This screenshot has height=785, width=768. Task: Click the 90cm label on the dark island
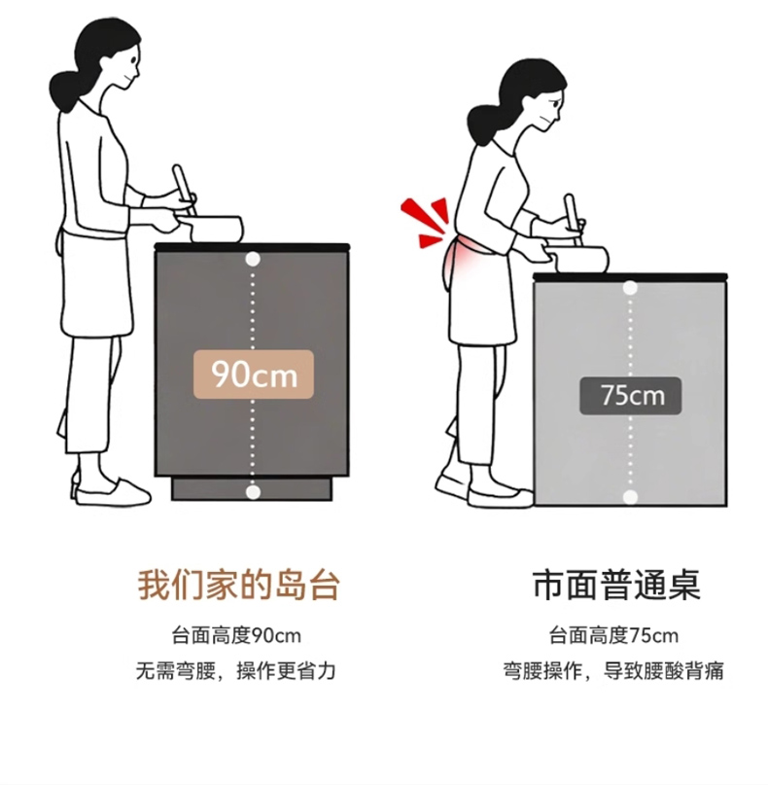coord(254,375)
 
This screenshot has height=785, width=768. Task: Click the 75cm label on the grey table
coord(630,396)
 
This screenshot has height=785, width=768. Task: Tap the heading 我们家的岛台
coord(239,585)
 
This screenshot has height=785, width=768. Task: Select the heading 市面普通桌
coord(616,585)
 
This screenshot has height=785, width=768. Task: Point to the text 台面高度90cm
coord(236,636)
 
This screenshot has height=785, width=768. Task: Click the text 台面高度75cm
coord(613,636)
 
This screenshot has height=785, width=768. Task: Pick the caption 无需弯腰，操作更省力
coord(235,671)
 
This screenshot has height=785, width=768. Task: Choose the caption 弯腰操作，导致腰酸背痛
coord(613,671)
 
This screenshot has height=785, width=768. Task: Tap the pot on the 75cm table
coord(577,259)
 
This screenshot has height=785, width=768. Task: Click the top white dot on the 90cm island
coord(253,259)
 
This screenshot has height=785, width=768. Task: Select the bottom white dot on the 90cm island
coord(253,492)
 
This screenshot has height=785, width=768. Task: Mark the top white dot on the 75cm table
coord(630,288)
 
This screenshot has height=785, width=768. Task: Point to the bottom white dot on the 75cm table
coord(630,497)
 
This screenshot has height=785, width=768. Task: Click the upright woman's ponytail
coord(65,91)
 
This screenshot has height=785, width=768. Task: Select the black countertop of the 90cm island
coord(252,246)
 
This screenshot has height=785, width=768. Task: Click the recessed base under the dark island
coord(252,489)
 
